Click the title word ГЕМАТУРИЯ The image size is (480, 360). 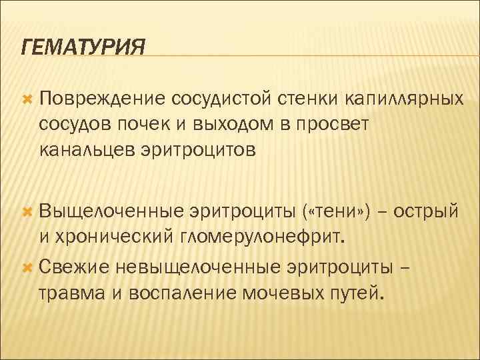click(x=83, y=47)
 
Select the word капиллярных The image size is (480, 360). click(x=404, y=99)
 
